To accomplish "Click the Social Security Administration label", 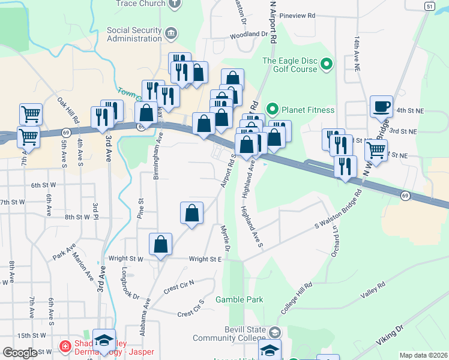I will point(134,34).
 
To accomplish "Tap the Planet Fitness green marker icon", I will point(272,109).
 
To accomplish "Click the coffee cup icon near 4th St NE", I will point(381,106).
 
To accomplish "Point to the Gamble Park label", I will point(240,299).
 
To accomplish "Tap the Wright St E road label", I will point(206,259).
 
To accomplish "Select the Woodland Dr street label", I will point(249,35).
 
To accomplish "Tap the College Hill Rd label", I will point(297,299).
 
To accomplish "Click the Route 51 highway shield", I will point(429,5).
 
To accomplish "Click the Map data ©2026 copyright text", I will point(423,355).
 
